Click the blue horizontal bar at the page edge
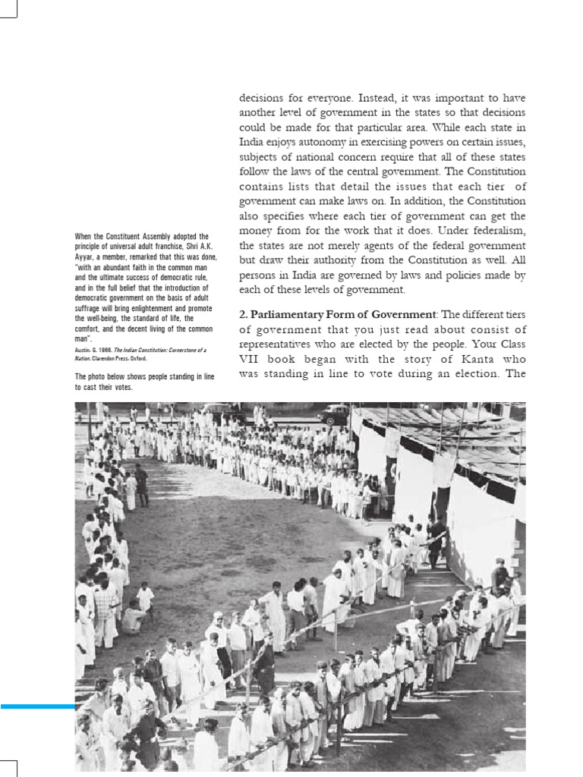point(38,706)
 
